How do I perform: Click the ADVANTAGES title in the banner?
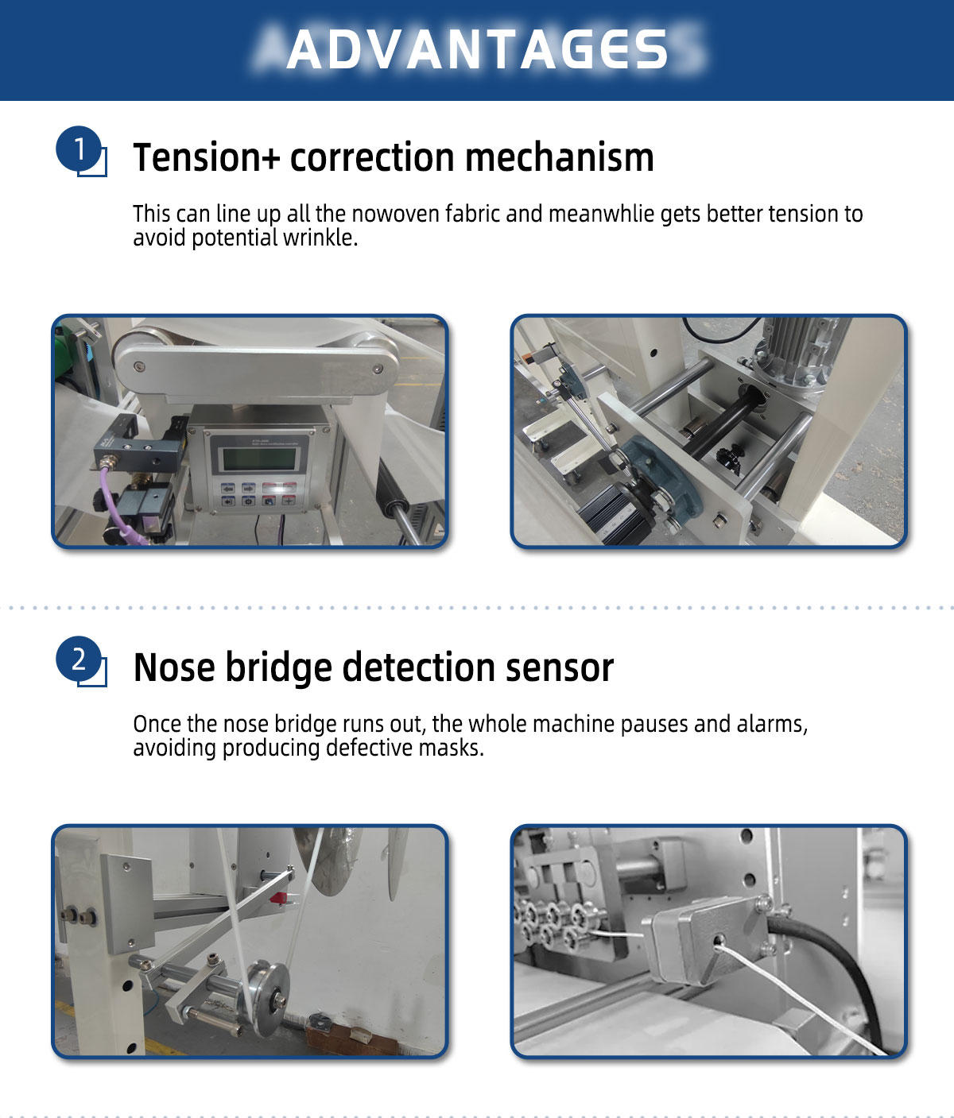[477, 49]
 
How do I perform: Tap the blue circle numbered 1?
[79, 149]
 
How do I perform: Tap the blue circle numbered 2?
[79, 659]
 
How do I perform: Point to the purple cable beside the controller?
[111, 509]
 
